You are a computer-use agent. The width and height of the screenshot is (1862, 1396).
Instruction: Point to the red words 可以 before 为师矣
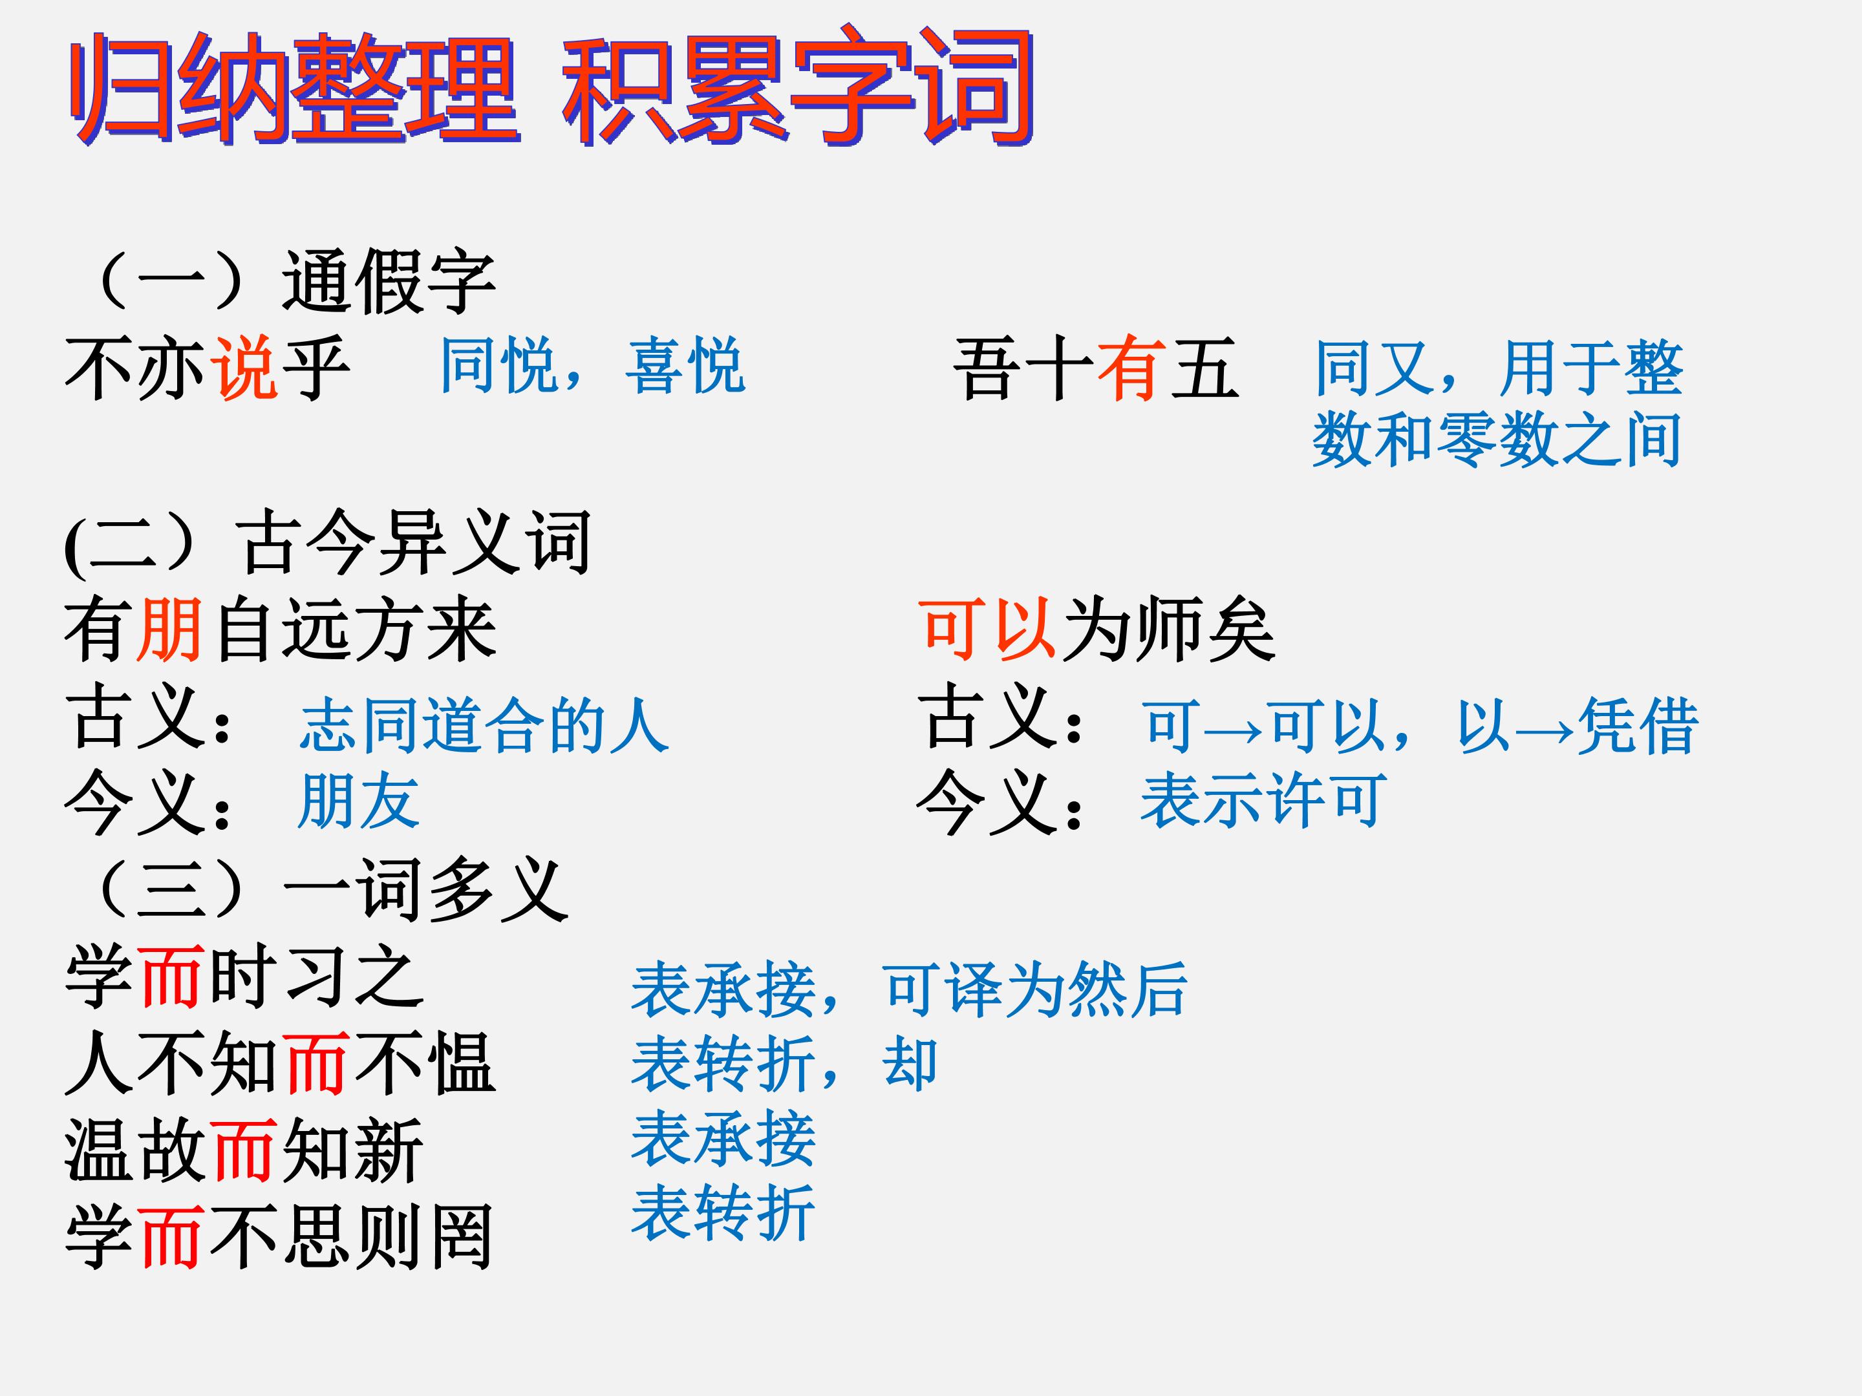pos(987,629)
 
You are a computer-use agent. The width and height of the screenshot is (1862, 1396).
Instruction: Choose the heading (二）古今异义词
pos(327,543)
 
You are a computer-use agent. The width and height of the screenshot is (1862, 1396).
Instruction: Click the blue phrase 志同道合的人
pos(484,725)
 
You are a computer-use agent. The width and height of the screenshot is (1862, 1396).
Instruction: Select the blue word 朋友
pos(359,800)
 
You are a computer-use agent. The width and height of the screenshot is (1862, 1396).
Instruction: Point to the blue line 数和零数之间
pos(1497,439)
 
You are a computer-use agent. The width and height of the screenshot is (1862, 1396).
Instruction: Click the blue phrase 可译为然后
pos(1035,989)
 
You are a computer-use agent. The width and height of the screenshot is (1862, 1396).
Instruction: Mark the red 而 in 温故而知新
pos(245,1150)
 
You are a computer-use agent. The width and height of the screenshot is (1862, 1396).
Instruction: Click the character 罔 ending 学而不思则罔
pos(461,1237)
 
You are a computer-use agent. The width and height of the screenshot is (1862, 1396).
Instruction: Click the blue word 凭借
pos(1637,725)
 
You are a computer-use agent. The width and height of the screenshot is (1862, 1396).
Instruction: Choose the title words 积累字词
pos(798,87)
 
